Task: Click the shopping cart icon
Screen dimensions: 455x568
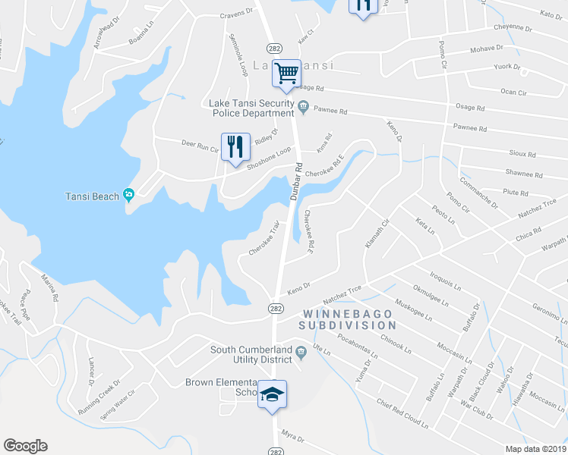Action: (x=287, y=74)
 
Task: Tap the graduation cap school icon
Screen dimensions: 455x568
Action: (x=272, y=394)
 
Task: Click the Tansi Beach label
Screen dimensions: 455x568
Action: (x=91, y=196)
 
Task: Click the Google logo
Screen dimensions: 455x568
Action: (x=25, y=446)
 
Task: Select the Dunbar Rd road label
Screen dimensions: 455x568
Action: (x=295, y=182)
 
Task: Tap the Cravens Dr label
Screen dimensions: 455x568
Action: (x=236, y=13)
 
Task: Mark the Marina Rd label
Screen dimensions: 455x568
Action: (x=49, y=286)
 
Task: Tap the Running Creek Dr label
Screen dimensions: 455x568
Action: (x=99, y=397)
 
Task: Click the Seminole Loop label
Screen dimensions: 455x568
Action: (x=238, y=55)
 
